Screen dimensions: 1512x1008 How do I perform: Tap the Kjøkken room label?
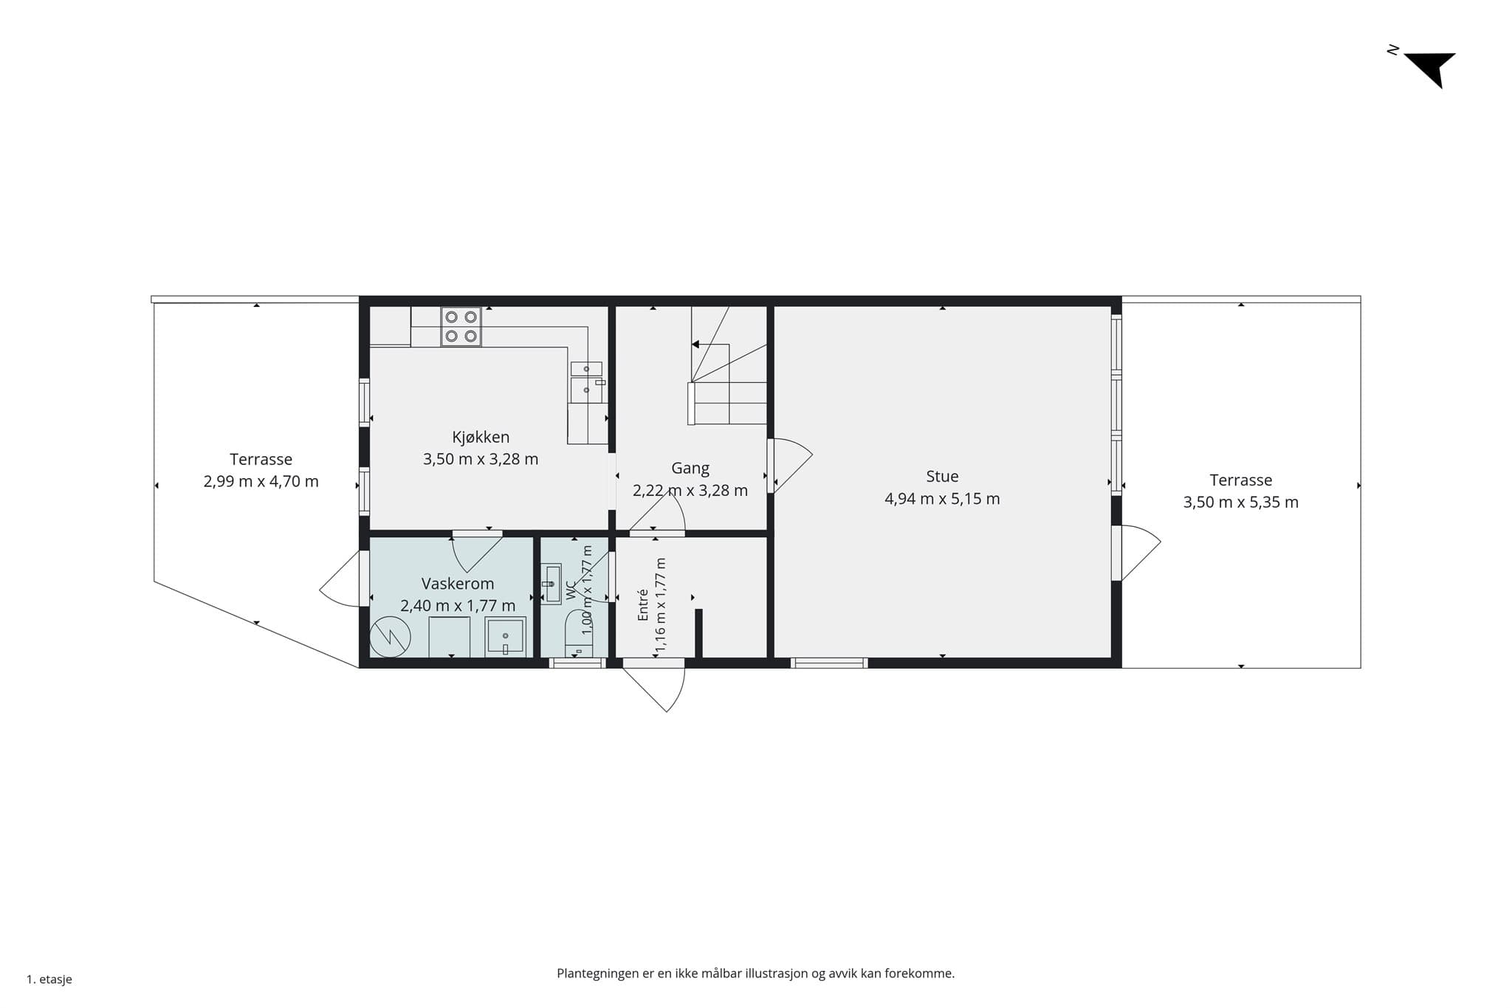coord(481,437)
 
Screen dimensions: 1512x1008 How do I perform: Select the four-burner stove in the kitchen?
coord(461,327)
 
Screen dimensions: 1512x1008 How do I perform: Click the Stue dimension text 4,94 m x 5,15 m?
coord(942,499)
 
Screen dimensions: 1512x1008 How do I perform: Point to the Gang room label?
coord(690,468)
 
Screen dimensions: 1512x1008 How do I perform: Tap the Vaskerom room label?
coord(458,584)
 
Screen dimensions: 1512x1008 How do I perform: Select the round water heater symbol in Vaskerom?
coord(390,636)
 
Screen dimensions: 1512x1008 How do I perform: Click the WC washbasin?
coord(551,584)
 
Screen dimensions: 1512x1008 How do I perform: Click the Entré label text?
coord(643,604)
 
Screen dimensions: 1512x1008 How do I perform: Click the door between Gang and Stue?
coord(791,466)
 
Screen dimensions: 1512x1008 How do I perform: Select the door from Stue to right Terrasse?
coord(1137,553)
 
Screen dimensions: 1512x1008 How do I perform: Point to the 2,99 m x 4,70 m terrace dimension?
coord(261,482)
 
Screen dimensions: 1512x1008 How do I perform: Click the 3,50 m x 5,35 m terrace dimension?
coord(1241,503)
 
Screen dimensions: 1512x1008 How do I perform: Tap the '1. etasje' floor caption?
coord(49,980)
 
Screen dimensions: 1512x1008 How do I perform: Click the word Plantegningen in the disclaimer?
coord(598,974)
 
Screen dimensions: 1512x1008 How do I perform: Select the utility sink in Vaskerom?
coord(506,637)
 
